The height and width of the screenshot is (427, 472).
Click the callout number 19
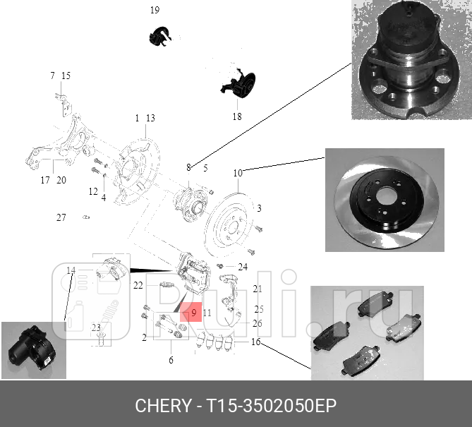point(155,10)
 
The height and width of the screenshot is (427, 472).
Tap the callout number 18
point(236,116)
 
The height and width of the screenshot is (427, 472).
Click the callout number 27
point(61,218)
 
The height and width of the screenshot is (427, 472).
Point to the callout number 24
point(243,267)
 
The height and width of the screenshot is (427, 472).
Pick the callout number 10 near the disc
point(238,172)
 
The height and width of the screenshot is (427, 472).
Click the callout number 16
point(255,342)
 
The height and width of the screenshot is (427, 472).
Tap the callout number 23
point(96,327)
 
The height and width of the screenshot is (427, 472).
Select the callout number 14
point(71,270)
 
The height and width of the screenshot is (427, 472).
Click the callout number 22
point(138,285)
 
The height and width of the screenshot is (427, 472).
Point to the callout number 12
point(93,191)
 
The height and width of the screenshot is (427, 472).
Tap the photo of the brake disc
point(385,199)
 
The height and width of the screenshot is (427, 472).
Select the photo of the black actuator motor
point(33,350)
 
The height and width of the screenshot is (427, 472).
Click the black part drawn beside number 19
point(162,35)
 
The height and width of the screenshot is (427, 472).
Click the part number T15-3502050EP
point(271,406)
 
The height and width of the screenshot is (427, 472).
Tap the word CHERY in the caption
point(162,406)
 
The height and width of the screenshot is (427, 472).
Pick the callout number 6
point(170,361)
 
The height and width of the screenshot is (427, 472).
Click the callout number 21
point(258,289)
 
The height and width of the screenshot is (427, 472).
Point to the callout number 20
point(61,180)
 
